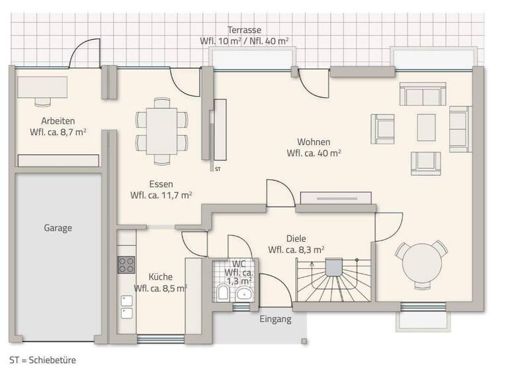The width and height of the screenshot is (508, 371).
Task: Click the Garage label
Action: [58, 227]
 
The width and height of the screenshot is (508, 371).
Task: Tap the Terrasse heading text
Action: [244, 30]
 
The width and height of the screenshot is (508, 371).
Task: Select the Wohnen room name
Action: [314, 142]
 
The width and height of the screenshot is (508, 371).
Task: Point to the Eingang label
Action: [276, 319]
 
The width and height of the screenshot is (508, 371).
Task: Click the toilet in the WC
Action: [223, 293]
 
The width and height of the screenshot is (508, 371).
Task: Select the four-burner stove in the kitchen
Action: [126, 265]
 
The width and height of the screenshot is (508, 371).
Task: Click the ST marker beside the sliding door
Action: [218, 170]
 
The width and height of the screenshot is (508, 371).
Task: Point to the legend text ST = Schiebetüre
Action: [43, 360]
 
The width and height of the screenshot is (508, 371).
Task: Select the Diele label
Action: [296, 238]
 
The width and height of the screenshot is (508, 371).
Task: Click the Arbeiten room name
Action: [58, 121]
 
